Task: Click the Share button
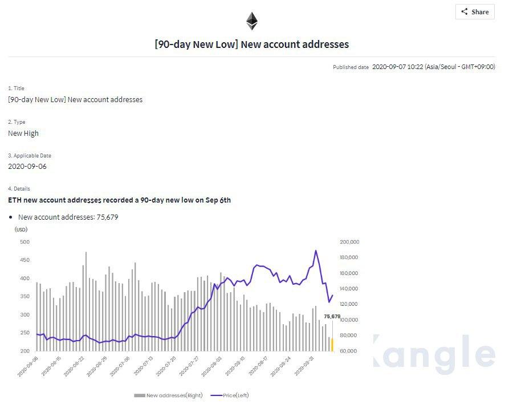475,12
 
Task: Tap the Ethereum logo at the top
252,21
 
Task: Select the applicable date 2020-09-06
27,167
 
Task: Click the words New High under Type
23,133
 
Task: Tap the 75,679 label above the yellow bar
332,316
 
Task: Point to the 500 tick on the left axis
25,242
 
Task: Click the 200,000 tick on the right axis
348,242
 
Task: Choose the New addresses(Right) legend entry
169,395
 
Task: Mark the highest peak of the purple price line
316,251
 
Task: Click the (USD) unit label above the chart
21,229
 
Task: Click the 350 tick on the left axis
25,297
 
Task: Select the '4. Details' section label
19,189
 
